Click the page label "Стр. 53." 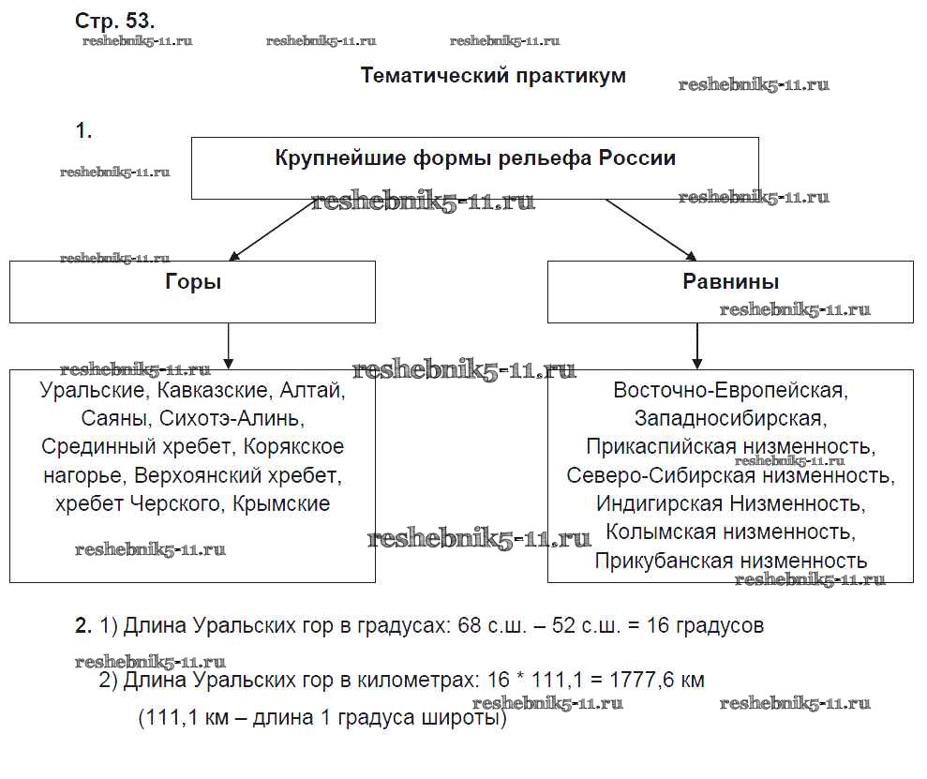[x=115, y=20]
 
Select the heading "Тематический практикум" [x=493, y=75]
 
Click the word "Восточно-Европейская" [x=730, y=389]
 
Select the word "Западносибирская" [x=730, y=417]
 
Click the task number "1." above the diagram [x=83, y=131]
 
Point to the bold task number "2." [x=83, y=625]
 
